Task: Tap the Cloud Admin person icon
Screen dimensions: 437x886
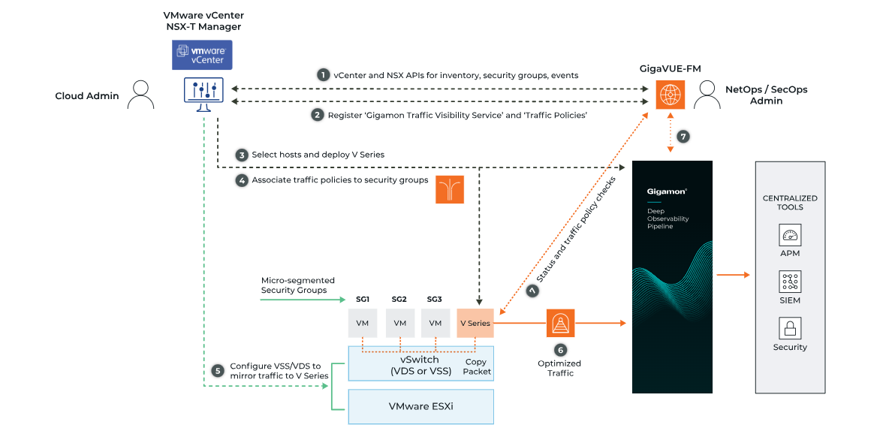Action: [x=140, y=95]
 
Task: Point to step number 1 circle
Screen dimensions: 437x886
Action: [x=323, y=75]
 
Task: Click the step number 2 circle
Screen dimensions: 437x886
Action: [x=318, y=115]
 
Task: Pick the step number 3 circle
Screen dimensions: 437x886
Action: [x=241, y=155]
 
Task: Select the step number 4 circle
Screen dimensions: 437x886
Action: [x=241, y=180]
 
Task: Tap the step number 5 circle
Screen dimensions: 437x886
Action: [x=218, y=370]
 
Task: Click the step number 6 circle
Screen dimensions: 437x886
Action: [x=560, y=349]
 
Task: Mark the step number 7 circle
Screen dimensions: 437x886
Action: [x=683, y=137]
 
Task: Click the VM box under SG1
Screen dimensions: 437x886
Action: [x=363, y=323]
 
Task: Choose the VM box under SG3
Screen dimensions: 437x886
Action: [x=435, y=323]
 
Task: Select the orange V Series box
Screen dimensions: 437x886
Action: [x=475, y=323]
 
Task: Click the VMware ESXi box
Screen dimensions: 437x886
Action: [x=420, y=407]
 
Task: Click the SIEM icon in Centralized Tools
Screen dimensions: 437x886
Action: [x=790, y=282]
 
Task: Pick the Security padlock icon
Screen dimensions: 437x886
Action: [x=790, y=328]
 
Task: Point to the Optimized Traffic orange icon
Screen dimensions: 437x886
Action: [x=560, y=323]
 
